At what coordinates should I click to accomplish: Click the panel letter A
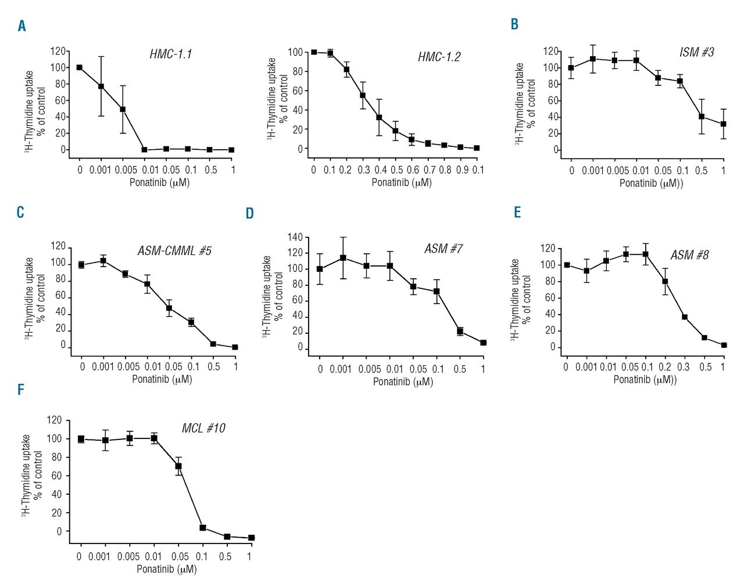[22, 26]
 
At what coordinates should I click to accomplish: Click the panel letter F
[21, 389]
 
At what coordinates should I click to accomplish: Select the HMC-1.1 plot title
[170, 54]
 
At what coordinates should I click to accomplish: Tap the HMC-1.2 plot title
[439, 57]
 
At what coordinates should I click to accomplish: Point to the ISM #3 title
[696, 52]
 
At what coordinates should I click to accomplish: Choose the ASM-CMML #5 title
[174, 251]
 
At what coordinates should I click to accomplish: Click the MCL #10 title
[203, 428]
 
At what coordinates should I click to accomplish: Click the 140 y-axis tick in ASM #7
[295, 237]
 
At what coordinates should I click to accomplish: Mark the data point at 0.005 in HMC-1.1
[123, 109]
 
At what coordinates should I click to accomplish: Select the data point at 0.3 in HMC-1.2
[363, 95]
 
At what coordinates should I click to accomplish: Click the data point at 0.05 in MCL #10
[178, 466]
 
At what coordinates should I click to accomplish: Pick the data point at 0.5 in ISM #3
[702, 117]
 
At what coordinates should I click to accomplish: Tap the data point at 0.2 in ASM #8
[665, 282]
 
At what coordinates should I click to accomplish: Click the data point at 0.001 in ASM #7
[343, 258]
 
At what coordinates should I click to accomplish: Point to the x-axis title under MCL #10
[167, 569]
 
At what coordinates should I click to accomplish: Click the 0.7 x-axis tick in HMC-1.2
[430, 170]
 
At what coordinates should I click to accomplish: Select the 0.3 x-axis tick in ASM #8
[684, 367]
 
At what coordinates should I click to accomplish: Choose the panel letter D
[250, 214]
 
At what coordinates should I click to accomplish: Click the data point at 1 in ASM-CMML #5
[235, 347]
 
